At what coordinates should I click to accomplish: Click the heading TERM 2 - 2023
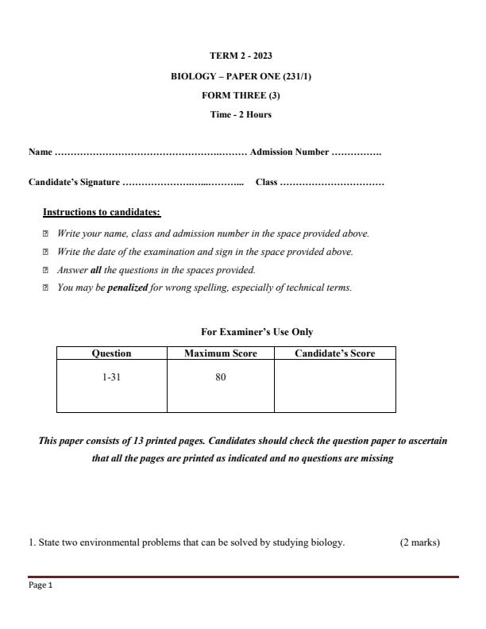pos(241,56)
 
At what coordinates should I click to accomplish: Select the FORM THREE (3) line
pos(241,95)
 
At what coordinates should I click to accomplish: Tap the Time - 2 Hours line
pos(241,114)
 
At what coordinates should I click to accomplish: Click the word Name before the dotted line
pos(40,152)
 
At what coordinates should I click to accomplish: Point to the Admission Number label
pos(289,152)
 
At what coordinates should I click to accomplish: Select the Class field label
pos(266,183)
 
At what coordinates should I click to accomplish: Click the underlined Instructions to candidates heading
pos(102,213)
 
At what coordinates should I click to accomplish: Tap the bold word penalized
pos(127,287)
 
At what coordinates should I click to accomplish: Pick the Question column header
pos(111,353)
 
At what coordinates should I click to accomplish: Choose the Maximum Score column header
pos(221,353)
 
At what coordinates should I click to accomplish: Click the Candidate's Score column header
pos(334,353)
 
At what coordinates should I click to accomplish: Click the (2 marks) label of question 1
pos(419,543)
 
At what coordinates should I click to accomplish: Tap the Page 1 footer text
pos(40,586)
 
